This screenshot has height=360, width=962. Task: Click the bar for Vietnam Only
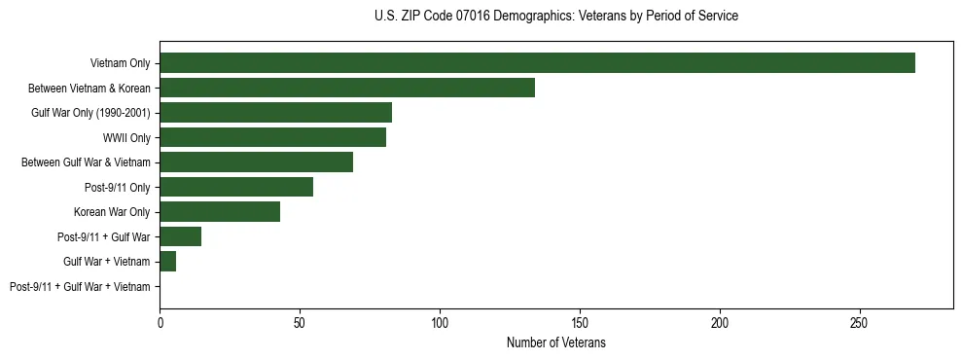point(537,63)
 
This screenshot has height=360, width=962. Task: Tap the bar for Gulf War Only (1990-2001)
point(275,113)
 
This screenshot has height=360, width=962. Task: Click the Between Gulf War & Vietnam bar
point(256,162)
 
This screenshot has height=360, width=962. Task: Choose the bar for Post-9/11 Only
point(236,187)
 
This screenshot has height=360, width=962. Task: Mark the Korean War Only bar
point(220,212)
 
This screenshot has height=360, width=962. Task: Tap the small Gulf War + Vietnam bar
point(168,262)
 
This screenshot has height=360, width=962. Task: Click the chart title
point(555,17)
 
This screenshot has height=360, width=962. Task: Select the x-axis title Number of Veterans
point(555,343)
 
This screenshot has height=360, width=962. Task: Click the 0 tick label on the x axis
point(160,322)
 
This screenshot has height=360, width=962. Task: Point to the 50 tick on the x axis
point(300,322)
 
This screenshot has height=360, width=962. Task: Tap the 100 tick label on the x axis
point(440,322)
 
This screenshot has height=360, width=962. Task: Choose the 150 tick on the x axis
point(580,322)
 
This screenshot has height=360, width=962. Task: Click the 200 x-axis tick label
point(720,322)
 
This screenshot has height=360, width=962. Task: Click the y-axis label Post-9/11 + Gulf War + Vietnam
point(80,287)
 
